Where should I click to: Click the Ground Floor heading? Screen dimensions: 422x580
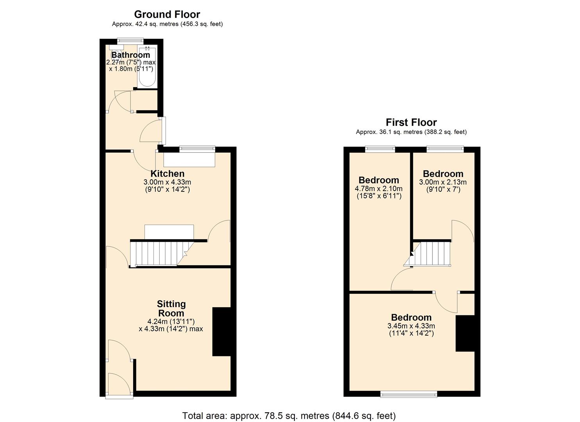pyautogui.click(x=167, y=14)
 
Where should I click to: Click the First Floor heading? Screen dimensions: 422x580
pyautogui.click(x=411, y=122)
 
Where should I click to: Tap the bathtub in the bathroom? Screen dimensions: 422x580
pyautogui.click(x=147, y=67)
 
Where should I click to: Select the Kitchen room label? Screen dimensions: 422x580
pyautogui.click(x=167, y=173)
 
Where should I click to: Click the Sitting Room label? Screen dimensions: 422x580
pyautogui.click(x=171, y=308)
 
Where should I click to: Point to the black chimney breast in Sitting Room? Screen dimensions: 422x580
pyautogui.click(x=221, y=332)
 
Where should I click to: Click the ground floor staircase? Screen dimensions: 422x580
pyautogui.click(x=160, y=253)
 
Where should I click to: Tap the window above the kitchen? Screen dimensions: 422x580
pyautogui.click(x=197, y=148)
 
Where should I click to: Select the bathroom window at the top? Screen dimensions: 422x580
pyautogui.click(x=131, y=40)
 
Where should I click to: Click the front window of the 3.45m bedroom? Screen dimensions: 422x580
pyautogui.click(x=409, y=395)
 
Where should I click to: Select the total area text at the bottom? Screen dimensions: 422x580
pyautogui.click(x=289, y=416)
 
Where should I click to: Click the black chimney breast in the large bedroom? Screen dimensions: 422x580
pyautogui.click(x=465, y=333)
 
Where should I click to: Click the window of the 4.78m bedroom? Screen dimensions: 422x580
pyautogui.click(x=380, y=148)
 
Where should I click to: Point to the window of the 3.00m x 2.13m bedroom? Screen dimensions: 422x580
pyautogui.click(x=445, y=148)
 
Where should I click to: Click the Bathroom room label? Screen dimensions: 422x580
pyautogui.click(x=130, y=55)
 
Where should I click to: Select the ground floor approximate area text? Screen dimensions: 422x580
pyautogui.click(x=167, y=24)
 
